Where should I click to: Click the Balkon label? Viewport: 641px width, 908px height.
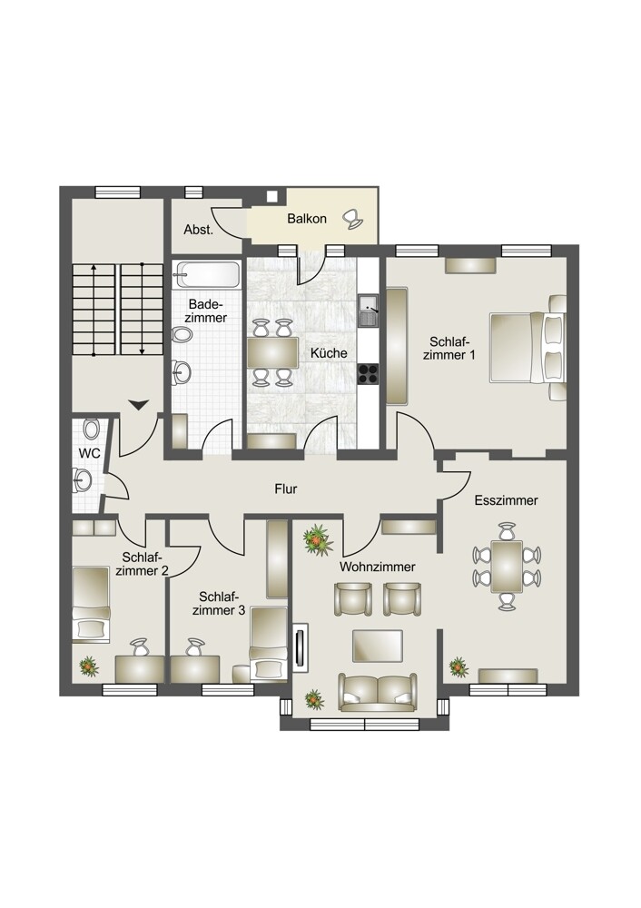[307, 219]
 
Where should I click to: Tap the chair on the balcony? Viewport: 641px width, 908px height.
[352, 218]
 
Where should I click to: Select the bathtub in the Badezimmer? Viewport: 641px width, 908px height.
[207, 274]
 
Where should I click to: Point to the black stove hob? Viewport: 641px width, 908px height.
[368, 373]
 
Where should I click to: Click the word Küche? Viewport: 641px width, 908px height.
[329, 352]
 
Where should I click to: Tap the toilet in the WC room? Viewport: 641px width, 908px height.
[91, 429]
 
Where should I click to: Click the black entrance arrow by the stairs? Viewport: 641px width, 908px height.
[139, 405]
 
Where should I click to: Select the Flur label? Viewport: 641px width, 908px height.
[286, 489]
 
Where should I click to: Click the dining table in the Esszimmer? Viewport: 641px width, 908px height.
[508, 567]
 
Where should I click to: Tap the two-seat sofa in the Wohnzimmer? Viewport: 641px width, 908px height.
[378, 692]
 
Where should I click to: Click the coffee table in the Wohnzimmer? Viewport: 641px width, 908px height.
[378, 646]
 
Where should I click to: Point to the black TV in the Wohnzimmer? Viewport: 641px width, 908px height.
[300, 647]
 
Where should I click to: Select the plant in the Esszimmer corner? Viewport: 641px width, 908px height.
[459, 666]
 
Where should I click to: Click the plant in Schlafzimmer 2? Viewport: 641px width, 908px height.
[88, 666]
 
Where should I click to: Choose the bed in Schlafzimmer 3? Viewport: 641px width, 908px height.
[268, 643]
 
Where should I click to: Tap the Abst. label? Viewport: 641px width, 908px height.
[199, 230]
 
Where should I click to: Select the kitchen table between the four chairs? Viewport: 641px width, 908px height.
[272, 352]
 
